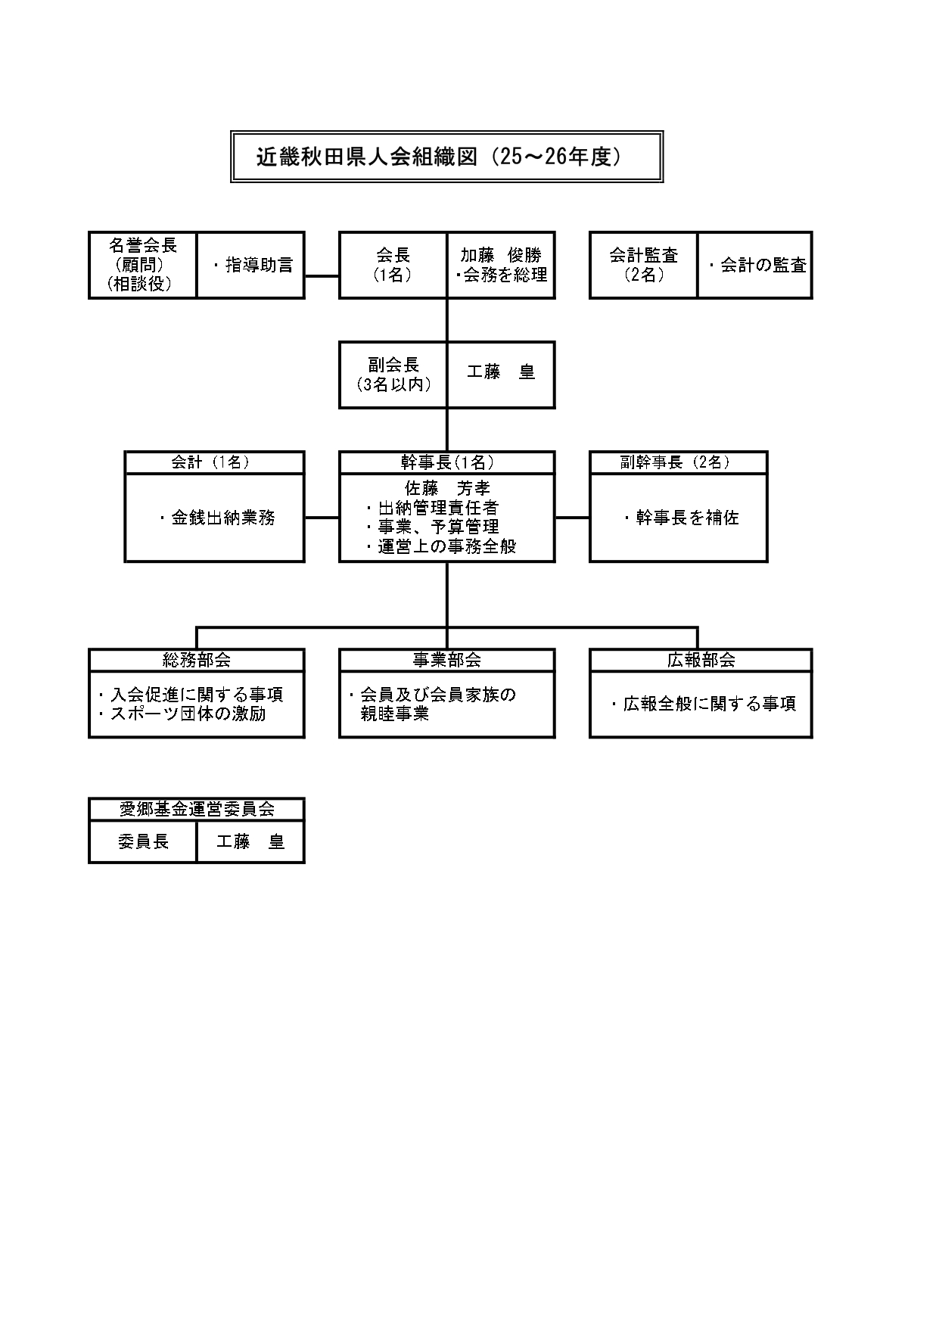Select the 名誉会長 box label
(x=143, y=246)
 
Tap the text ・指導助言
(x=252, y=266)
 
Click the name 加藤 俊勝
(x=501, y=256)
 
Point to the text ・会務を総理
(x=501, y=275)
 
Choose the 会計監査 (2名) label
(x=643, y=265)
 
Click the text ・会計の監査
(x=757, y=266)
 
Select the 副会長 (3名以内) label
(x=393, y=375)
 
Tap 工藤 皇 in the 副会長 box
(x=501, y=372)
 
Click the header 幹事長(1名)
(x=447, y=462)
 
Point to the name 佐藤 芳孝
(x=447, y=489)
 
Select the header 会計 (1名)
(x=214, y=462)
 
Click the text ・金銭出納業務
(x=217, y=518)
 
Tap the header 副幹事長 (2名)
(x=678, y=462)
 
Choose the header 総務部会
(x=197, y=660)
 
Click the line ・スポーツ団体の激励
(x=182, y=714)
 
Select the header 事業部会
(x=447, y=660)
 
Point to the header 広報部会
(x=701, y=660)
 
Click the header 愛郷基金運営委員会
(x=197, y=809)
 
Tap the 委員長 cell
(x=143, y=841)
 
